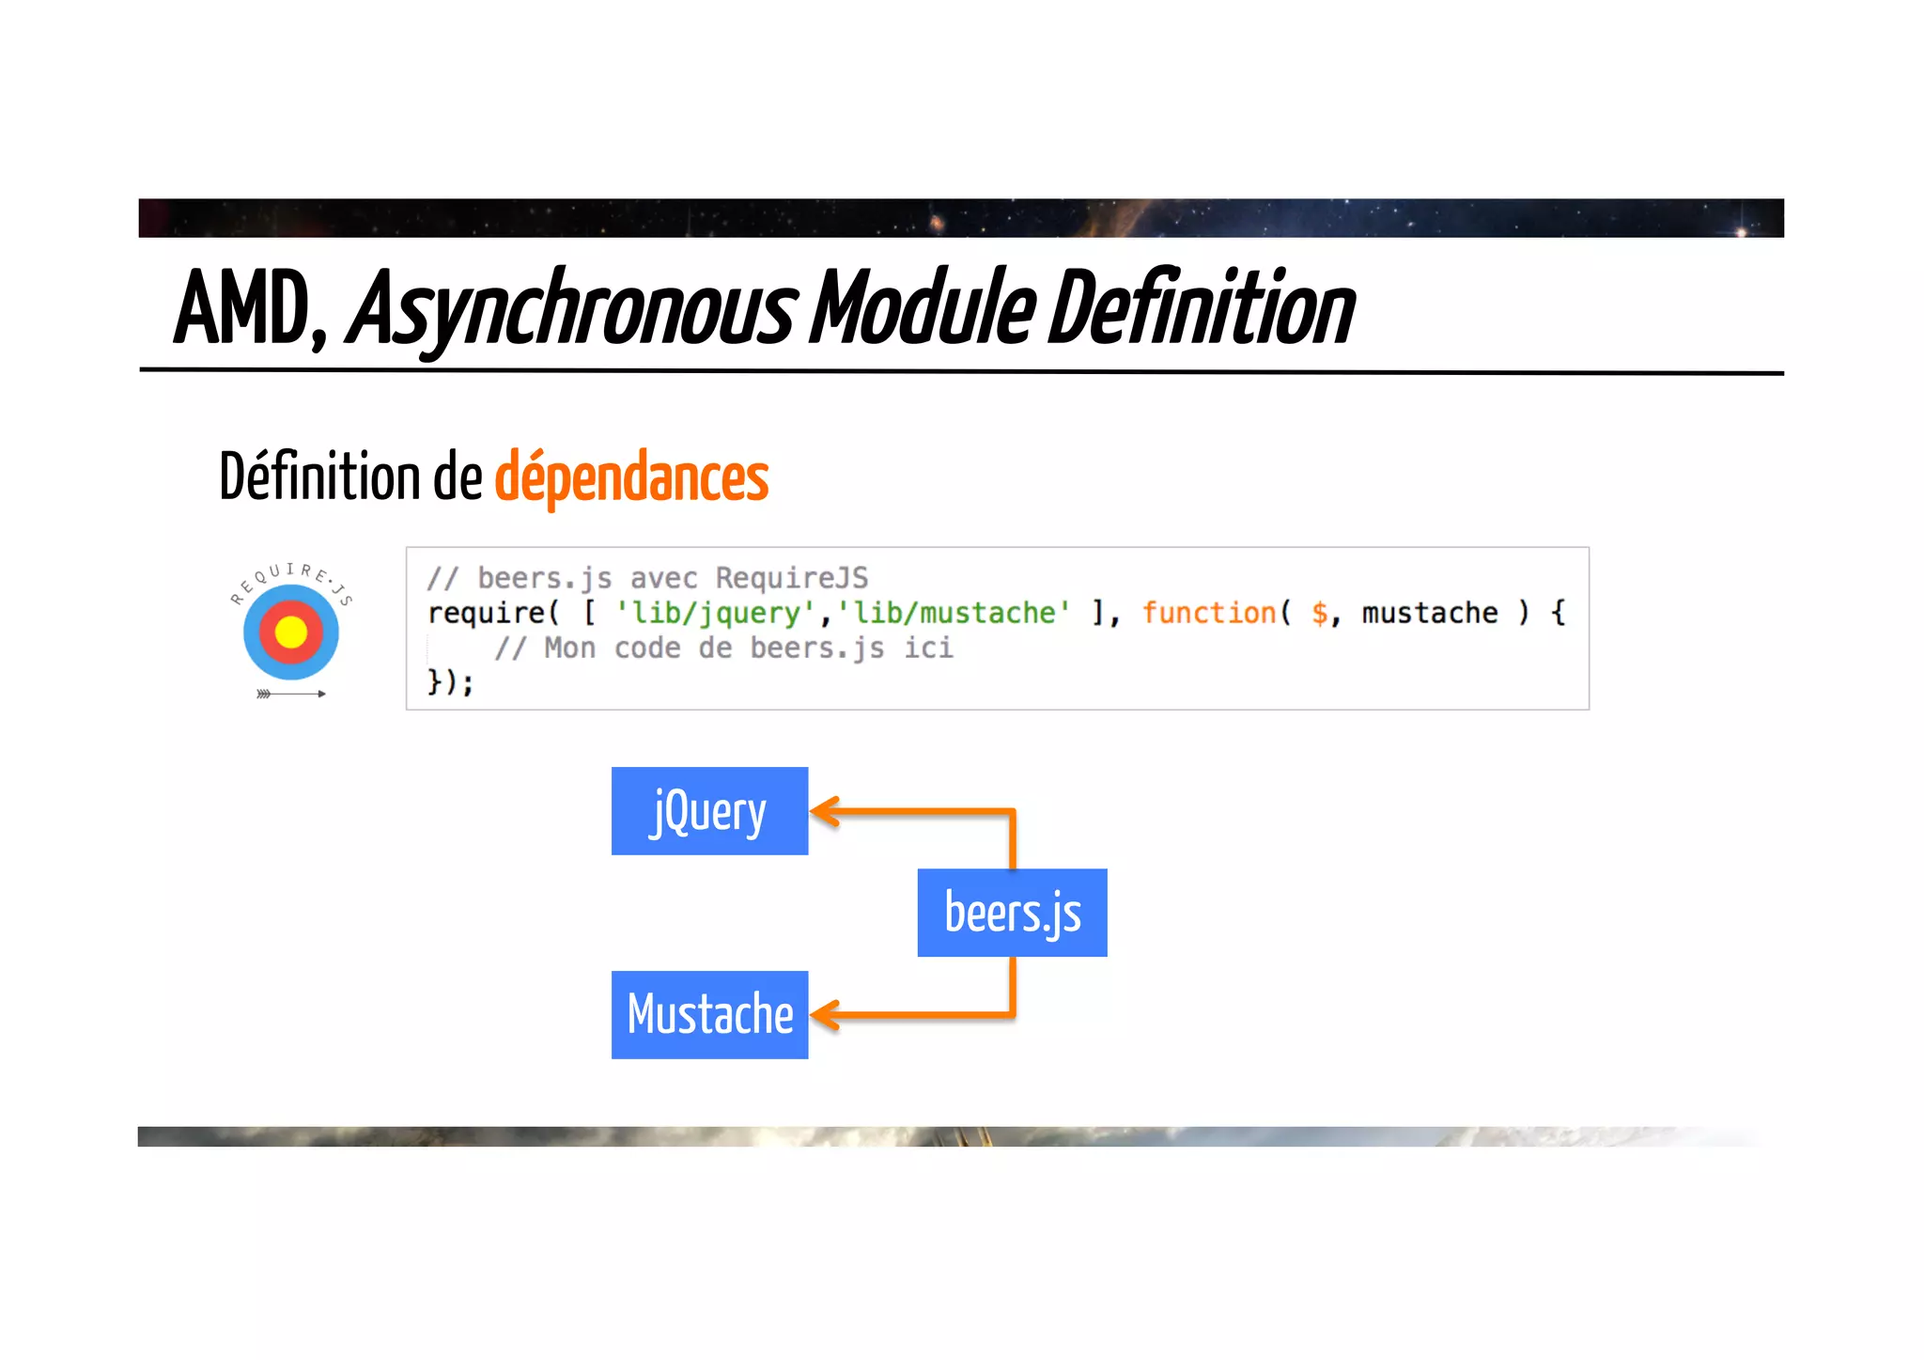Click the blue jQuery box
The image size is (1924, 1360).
tap(709, 811)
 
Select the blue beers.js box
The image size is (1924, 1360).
tap(1012, 913)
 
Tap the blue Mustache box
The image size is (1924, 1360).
tap(709, 1014)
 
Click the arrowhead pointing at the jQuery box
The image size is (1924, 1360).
tap(824, 810)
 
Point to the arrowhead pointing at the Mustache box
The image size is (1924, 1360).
tap(824, 1014)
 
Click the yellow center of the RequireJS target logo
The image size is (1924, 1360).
tap(290, 632)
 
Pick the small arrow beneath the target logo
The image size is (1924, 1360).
tap(291, 694)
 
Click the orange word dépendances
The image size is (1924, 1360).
tap(631, 477)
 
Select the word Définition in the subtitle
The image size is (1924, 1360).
tap(319, 477)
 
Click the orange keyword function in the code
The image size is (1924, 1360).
tap(1208, 613)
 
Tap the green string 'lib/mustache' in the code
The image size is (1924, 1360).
tap(953, 613)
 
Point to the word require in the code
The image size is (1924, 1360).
tap(487, 613)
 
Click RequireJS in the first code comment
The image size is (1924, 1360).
tap(791, 578)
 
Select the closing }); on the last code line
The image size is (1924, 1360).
tap(450, 681)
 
